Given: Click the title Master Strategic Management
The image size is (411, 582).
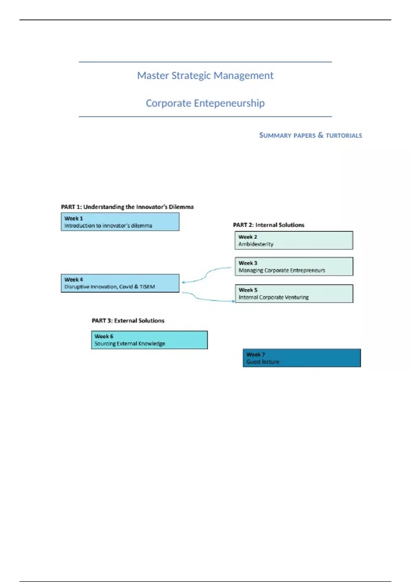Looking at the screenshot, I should (x=205, y=75).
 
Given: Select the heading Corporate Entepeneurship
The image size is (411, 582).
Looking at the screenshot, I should (x=205, y=103).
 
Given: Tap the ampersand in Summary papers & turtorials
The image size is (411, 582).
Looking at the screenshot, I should (x=321, y=135).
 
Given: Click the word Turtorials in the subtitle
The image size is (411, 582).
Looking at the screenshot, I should (x=344, y=136).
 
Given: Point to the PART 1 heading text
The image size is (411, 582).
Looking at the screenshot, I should (x=127, y=207).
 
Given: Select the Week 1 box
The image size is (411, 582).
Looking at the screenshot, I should (x=120, y=222).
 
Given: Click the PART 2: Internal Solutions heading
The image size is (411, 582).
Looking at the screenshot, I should (x=269, y=225).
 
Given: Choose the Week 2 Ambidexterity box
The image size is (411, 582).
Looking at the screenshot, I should (x=294, y=240).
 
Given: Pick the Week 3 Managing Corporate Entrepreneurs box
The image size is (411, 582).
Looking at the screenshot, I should (x=294, y=267).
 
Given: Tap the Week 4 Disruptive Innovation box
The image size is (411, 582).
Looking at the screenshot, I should (x=120, y=283).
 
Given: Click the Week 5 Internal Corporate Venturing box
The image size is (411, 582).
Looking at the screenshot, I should (x=294, y=294).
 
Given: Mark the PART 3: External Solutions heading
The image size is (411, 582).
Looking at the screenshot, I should (x=128, y=321).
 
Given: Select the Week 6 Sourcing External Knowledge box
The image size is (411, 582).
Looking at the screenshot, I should (x=149, y=340).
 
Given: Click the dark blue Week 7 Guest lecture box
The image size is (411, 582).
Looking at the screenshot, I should (x=301, y=358).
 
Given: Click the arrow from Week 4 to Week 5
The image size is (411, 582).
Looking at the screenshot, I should (x=206, y=299).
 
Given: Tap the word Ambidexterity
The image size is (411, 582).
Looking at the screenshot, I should (x=256, y=244).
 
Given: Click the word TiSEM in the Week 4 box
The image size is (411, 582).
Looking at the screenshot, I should (x=147, y=287).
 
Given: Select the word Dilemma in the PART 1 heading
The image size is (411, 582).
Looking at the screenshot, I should (x=181, y=207).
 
